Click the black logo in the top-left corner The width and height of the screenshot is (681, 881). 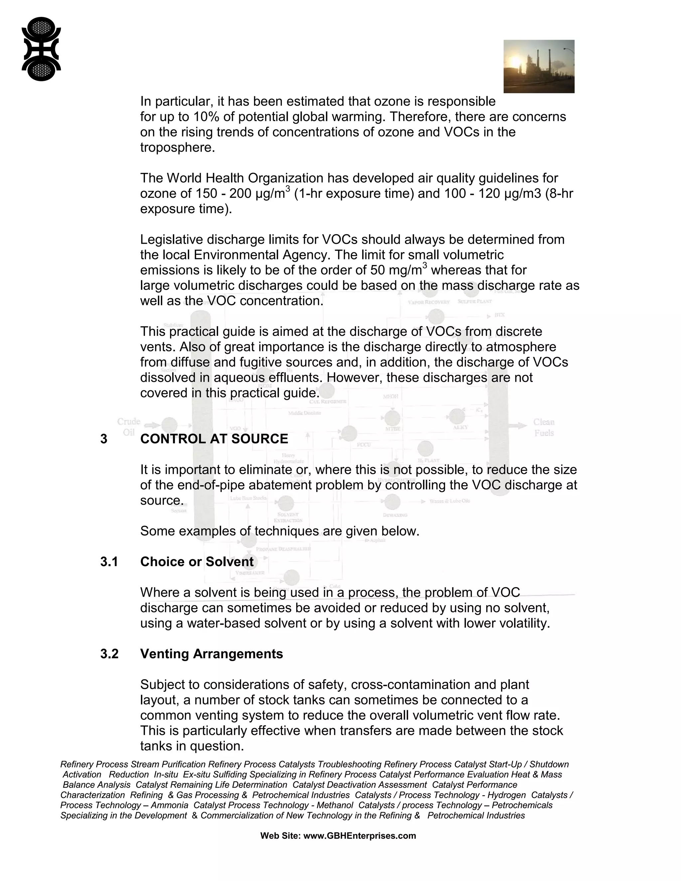(41, 49)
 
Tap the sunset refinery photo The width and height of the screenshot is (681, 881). (539, 66)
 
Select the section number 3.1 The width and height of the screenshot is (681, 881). (109, 562)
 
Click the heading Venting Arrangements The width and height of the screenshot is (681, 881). (211, 654)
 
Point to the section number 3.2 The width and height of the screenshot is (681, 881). (109, 654)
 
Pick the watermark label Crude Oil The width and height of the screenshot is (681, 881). (129, 427)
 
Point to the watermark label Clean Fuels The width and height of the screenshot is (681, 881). (543, 427)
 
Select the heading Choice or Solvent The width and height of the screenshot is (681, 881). (197, 562)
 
